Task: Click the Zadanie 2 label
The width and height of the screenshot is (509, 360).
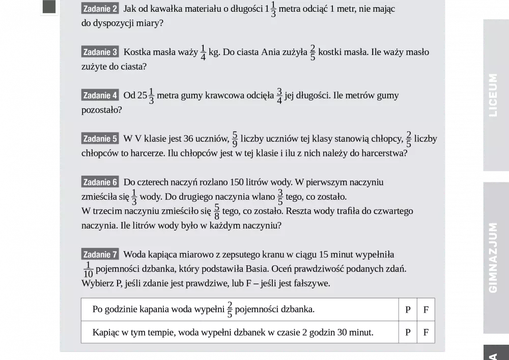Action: (x=100, y=9)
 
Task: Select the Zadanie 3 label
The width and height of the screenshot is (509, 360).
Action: (x=100, y=52)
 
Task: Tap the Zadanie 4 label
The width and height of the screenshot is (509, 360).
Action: (x=100, y=95)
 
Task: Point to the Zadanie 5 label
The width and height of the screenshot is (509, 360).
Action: (x=100, y=139)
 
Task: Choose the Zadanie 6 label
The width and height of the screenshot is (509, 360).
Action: (x=100, y=182)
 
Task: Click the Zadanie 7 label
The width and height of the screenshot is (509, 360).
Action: (x=100, y=255)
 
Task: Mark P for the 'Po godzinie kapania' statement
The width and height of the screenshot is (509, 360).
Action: (x=408, y=310)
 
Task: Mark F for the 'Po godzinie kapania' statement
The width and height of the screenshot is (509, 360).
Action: (x=426, y=310)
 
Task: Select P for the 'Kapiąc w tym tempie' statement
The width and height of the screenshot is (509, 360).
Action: (x=408, y=333)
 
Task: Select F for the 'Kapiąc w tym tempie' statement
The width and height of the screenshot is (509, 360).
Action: (x=426, y=333)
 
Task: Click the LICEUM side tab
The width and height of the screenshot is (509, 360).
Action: (x=493, y=95)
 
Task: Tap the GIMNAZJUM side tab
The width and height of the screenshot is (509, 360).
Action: (x=493, y=257)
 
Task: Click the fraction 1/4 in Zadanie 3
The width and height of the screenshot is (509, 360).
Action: (x=203, y=52)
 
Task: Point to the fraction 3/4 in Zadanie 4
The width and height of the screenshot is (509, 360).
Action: (x=279, y=96)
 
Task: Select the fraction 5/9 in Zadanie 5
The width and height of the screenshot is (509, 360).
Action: (x=235, y=139)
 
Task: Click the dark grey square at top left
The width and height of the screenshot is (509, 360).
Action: (x=49, y=7)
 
